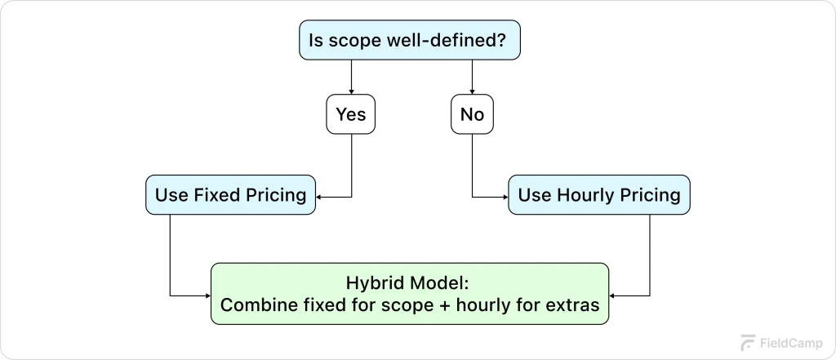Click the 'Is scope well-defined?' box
(x=409, y=40)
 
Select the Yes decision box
(x=351, y=114)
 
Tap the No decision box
(x=472, y=114)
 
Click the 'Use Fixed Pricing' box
(x=231, y=195)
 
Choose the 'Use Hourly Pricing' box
(x=598, y=195)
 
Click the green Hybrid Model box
(x=410, y=295)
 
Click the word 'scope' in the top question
(x=352, y=41)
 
